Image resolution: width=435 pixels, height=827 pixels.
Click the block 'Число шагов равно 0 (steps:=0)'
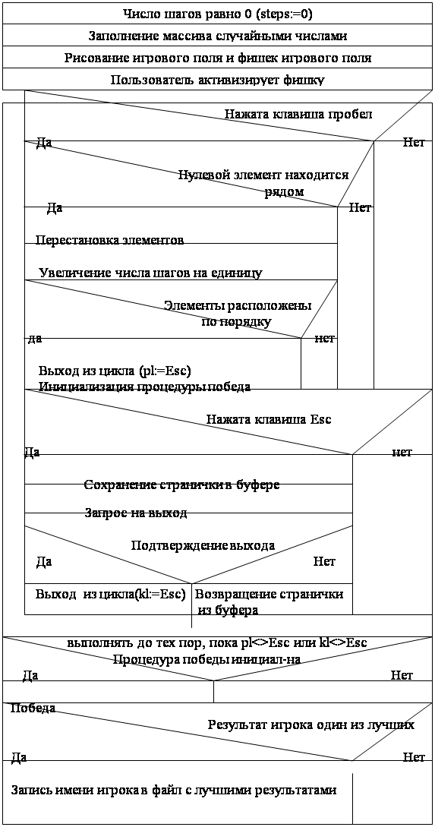point(217,14)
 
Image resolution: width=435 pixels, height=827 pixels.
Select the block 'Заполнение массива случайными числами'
point(217,36)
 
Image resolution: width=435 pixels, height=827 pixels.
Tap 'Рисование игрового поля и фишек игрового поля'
point(217,58)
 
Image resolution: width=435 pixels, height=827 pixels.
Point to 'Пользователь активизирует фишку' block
point(217,79)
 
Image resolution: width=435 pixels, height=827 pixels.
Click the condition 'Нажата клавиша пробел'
point(299,114)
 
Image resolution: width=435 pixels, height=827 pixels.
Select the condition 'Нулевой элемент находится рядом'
point(263,182)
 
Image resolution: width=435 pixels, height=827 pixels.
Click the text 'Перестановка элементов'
point(109,240)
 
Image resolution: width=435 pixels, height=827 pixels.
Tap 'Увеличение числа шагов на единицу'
point(151,273)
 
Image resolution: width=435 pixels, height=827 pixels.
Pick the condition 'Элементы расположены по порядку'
point(237,314)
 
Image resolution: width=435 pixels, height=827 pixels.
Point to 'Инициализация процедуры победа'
point(144,387)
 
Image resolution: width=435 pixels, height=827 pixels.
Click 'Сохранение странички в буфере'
point(182,485)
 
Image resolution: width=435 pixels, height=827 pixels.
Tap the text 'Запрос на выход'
point(136,513)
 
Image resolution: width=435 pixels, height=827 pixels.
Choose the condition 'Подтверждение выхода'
point(203,545)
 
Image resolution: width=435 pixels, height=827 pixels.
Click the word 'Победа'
point(33,708)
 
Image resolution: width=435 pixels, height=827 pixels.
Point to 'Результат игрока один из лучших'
point(311,724)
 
